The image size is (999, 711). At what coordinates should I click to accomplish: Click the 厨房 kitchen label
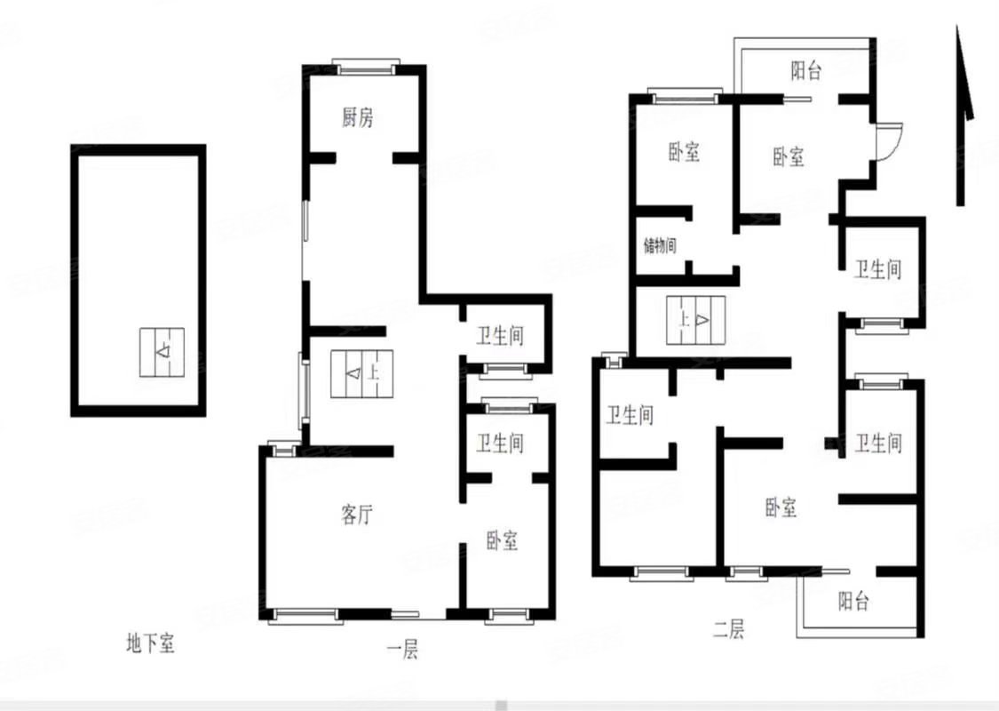(x=357, y=118)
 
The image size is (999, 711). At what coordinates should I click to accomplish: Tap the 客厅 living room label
(x=357, y=515)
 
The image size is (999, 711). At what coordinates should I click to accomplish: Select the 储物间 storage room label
(x=661, y=245)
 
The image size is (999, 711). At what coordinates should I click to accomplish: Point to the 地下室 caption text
(x=150, y=643)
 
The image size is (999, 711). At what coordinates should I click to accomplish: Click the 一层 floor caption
(x=402, y=651)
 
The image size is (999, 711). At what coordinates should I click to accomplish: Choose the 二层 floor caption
(x=729, y=630)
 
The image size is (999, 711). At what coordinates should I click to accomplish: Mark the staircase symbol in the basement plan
(x=162, y=352)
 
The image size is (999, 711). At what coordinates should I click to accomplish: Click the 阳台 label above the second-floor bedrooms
(x=806, y=72)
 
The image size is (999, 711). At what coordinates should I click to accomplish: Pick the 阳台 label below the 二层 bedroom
(x=853, y=603)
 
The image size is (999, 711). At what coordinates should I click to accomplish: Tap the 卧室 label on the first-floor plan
(x=502, y=540)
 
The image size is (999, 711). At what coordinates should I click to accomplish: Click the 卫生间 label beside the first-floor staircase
(x=500, y=336)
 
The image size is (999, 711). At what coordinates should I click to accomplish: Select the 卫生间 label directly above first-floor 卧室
(x=500, y=443)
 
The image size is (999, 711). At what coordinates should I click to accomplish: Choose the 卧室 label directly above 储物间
(x=684, y=153)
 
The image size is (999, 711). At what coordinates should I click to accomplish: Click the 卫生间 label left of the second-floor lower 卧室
(x=630, y=415)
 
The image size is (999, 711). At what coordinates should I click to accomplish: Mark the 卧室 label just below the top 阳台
(x=789, y=157)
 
